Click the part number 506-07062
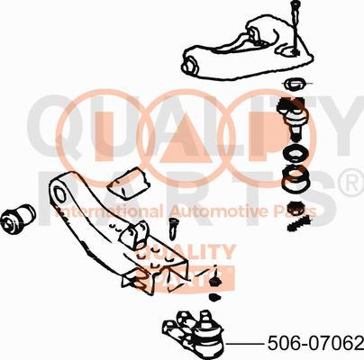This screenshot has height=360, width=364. (x=315, y=343)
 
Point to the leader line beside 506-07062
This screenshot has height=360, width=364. (x=244, y=344)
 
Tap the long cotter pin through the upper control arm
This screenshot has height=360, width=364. (x=295, y=29)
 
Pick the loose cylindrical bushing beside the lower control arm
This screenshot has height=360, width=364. (x=18, y=219)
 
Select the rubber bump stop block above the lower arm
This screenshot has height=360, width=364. (x=128, y=183)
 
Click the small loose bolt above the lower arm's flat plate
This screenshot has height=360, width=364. (x=174, y=228)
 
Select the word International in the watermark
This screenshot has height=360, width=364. (x=109, y=211)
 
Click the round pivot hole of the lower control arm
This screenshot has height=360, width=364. (x=59, y=194)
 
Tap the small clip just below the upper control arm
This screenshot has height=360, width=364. (x=295, y=85)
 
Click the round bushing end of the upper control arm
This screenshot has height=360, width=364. (x=190, y=66)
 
